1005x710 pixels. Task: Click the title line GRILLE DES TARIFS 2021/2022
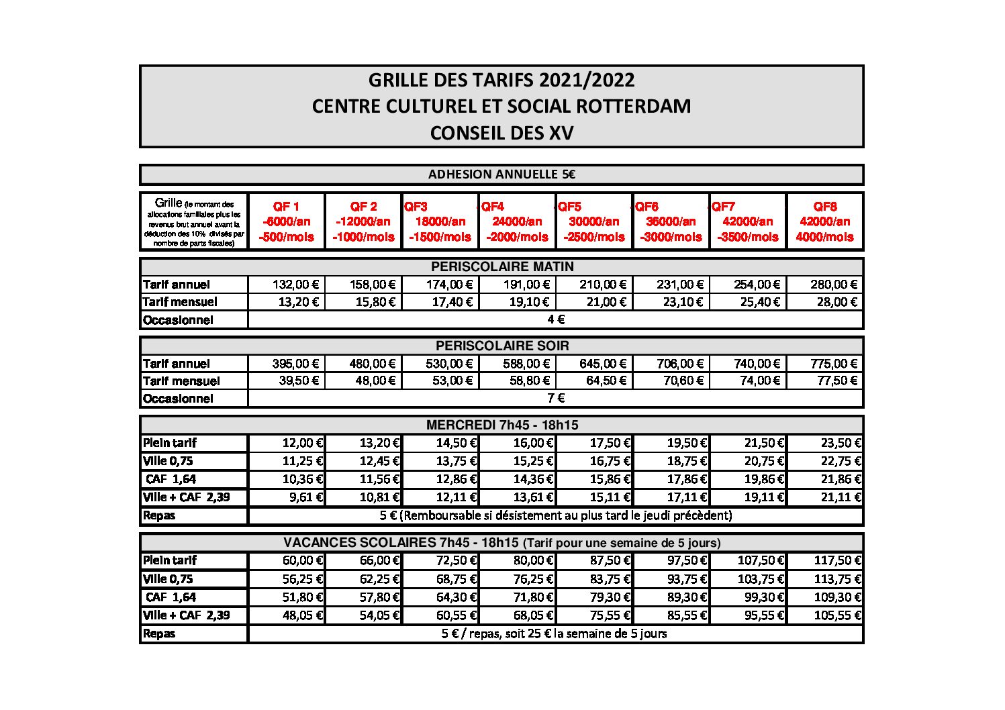[x=501, y=81]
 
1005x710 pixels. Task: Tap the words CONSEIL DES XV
[x=501, y=133]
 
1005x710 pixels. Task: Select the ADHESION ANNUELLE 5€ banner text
[x=501, y=175]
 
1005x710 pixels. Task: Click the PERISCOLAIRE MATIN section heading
[x=501, y=266]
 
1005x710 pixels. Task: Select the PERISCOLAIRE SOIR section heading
[x=501, y=346]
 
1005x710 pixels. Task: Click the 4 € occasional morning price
[x=555, y=320]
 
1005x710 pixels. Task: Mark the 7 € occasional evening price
[x=555, y=398]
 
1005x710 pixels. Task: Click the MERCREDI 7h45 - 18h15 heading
[x=501, y=425]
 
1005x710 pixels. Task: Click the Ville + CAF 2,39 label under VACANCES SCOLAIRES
[x=186, y=615]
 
